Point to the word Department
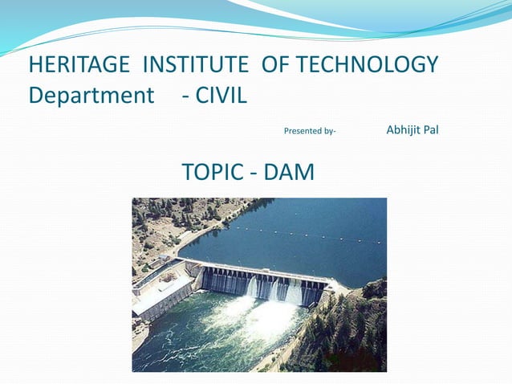[x=91, y=96]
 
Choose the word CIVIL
[x=222, y=96]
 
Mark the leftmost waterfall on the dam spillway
[x=252, y=288]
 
